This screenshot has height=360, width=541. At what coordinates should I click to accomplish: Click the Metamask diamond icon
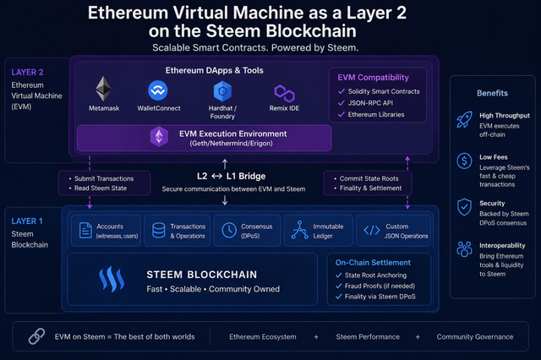click(103, 89)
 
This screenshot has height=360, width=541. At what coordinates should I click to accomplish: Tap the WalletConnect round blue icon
click(158, 90)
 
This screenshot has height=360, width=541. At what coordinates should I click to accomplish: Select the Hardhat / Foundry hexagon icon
click(222, 91)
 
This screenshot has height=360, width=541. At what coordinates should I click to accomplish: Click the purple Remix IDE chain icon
click(284, 93)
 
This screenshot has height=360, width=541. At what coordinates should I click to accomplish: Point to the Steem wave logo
click(112, 279)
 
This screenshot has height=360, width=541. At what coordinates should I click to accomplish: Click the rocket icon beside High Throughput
click(464, 120)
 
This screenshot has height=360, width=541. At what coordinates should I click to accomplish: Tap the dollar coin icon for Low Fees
click(464, 161)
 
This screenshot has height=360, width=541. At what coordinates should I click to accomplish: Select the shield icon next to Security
click(464, 207)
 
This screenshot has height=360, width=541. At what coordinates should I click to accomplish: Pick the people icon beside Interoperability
click(464, 249)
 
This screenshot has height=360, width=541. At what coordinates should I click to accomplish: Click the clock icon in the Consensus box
click(229, 231)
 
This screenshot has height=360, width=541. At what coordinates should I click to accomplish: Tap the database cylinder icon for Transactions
click(159, 231)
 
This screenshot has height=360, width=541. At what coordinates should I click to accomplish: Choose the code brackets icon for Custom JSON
click(372, 231)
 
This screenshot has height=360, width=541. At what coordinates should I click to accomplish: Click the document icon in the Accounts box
click(85, 231)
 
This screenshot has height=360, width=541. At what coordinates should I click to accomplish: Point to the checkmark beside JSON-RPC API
click(342, 103)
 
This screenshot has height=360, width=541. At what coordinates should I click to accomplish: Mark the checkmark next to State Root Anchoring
click(338, 275)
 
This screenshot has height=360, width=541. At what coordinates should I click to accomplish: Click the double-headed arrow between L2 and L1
click(216, 177)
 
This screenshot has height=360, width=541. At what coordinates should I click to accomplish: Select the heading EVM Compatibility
click(373, 78)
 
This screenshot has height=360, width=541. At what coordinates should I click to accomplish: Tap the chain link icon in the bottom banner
click(36, 336)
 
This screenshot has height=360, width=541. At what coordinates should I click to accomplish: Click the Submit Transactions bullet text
click(104, 178)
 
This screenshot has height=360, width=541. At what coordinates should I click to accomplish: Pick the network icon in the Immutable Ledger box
click(300, 230)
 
